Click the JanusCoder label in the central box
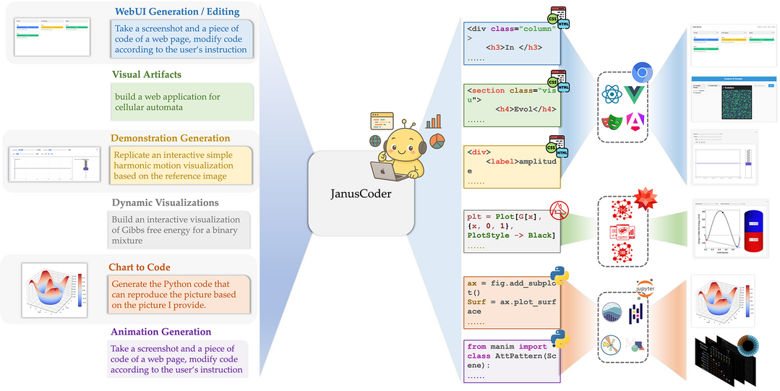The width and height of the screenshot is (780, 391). (x=361, y=194)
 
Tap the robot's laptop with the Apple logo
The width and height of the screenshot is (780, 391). (x=380, y=170)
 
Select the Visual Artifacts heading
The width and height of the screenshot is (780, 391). (x=147, y=74)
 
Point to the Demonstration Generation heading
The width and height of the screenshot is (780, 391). (x=171, y=138)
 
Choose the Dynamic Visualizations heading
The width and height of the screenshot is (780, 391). (x=165, y=202)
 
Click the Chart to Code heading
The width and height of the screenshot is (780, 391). (x=140, y=267)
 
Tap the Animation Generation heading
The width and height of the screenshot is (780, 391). (x=160, y=332)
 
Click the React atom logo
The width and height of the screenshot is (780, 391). (x=611, y=95)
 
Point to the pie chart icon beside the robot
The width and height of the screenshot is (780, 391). (x=437, y=139)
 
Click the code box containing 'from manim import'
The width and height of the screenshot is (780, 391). (x=512, y=361)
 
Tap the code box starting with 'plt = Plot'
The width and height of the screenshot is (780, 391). (x=512, y=230)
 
